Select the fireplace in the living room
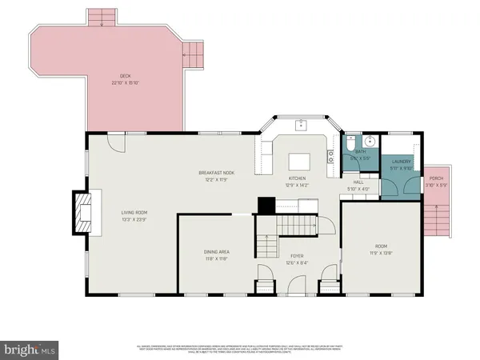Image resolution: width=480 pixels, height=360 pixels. click(83, 212)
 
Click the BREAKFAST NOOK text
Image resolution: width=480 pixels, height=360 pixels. click(216, 172)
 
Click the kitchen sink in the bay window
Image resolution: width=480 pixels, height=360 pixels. click(302, 126)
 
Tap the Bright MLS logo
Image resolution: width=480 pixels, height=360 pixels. click(30, 349)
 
